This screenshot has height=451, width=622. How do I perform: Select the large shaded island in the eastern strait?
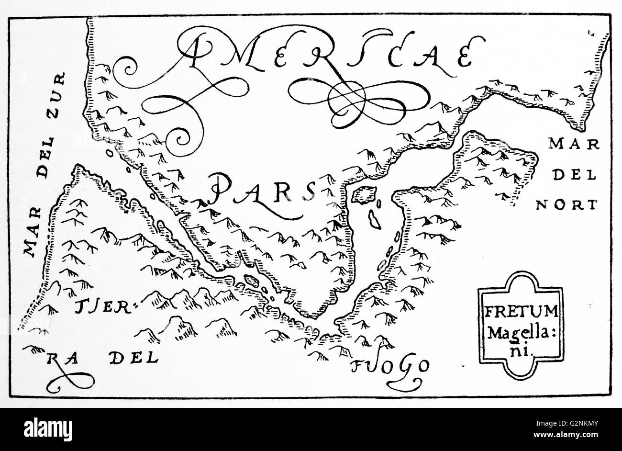[364, 195]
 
